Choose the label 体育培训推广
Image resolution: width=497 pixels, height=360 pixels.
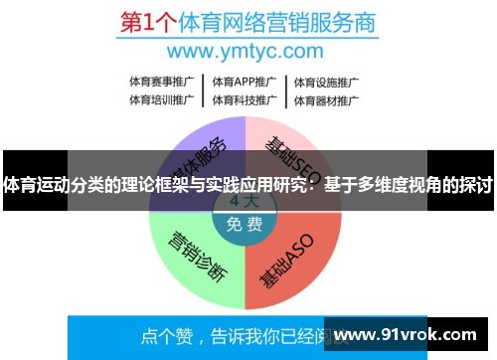tap(162, 99)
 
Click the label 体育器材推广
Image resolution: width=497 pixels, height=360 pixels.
tap(326, 99)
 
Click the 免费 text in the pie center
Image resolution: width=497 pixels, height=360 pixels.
tap(245, 224)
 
